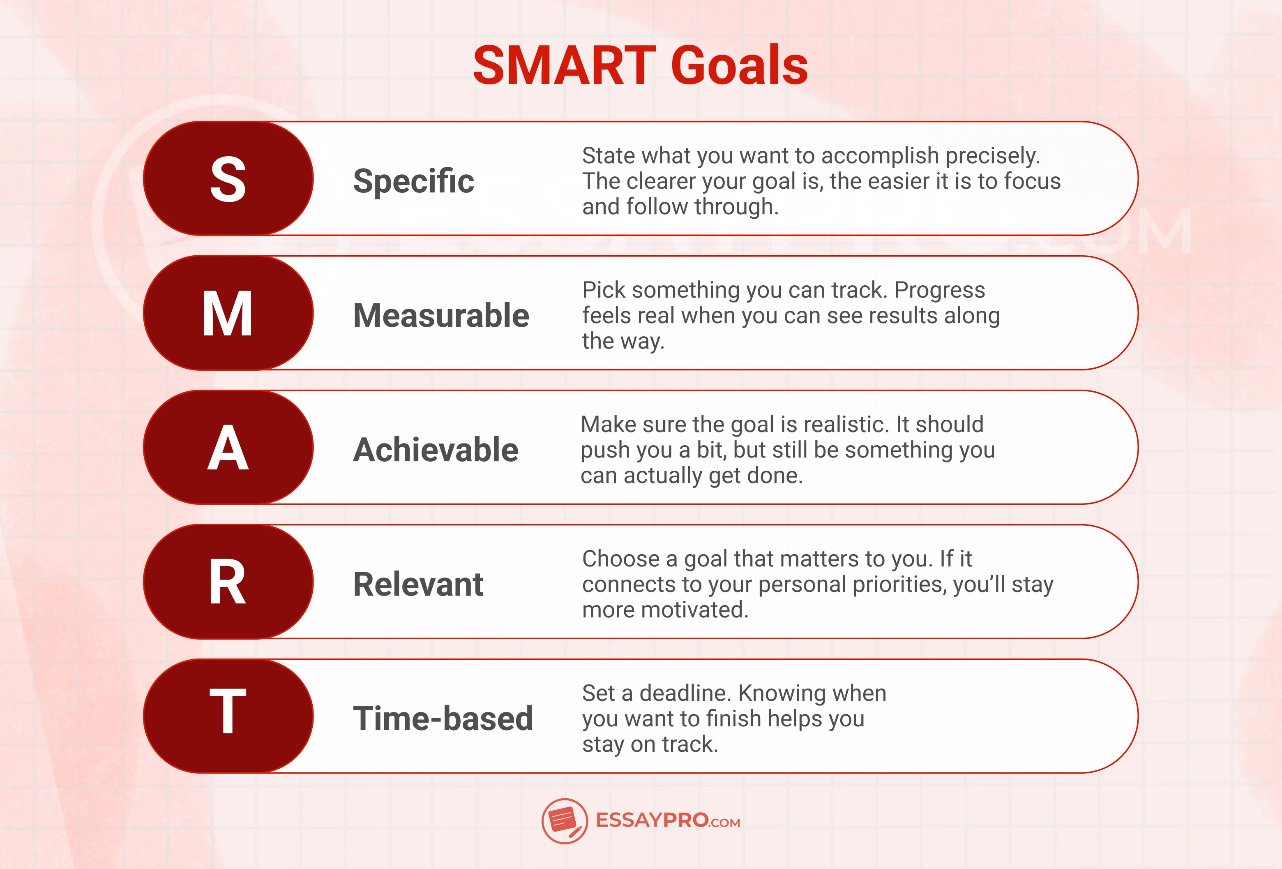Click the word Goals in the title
pos(739,66)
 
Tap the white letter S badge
pos(228,179)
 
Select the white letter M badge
pos(228,313)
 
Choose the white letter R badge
pos(228,582)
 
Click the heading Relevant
pos(418,584)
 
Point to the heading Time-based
pos(443,719)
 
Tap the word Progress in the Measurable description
pos(939,290)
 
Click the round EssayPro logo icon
pos(564,820)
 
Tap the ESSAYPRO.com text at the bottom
pos(667,820)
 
